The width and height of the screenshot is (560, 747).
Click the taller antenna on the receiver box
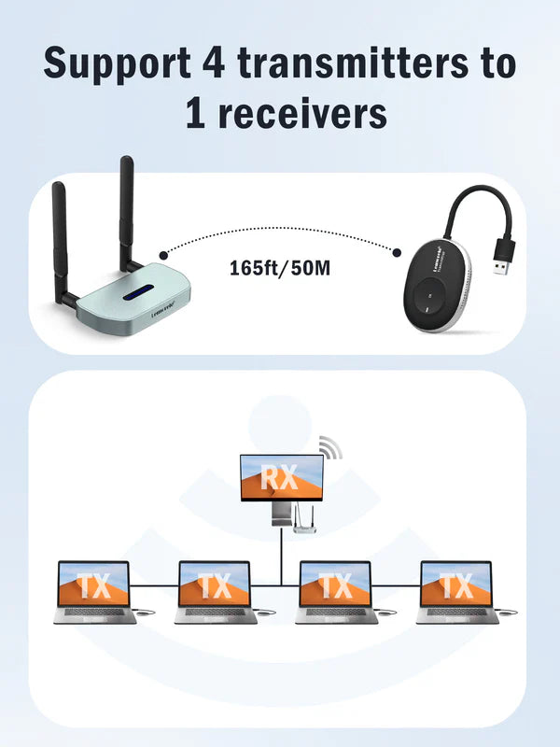[126, 205]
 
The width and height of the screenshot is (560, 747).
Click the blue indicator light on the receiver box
[125, 296]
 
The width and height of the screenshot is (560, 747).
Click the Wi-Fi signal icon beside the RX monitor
[329, 447]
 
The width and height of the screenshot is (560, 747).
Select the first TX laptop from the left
[94, 585]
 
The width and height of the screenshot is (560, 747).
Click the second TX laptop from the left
[215, 585]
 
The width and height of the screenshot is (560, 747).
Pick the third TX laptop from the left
[335, 585]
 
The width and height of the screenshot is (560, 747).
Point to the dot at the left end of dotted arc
[163, 253]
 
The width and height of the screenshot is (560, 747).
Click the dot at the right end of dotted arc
[397, 253]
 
